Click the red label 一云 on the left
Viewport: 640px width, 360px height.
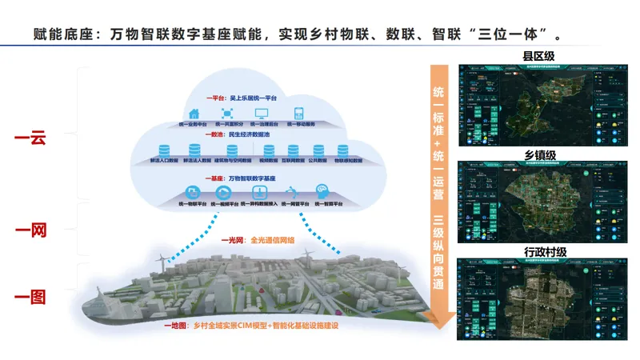(x=30, y=138)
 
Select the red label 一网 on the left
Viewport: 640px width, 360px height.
(x=30, y=231)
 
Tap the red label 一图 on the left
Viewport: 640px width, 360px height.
(x=30, y=297)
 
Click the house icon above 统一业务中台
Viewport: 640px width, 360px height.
(x=193, y=113)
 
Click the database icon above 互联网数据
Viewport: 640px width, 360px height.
(x=293, y=150)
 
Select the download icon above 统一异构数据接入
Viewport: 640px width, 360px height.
(x=259, y=192)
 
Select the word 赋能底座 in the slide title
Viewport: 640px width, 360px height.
(x=62, y=34)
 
